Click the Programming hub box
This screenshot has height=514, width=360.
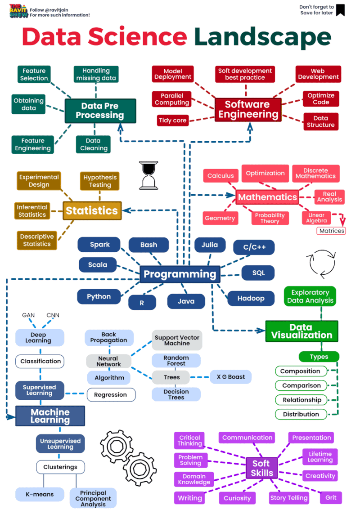point(180,274)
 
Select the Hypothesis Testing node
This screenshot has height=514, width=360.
point(100,181)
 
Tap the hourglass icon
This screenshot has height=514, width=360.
point(148,175)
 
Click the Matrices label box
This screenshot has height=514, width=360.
point(331,231)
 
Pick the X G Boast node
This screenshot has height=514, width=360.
point(230,377)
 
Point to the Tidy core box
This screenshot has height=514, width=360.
point(173,121)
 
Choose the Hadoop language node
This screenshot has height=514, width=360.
point(251,298)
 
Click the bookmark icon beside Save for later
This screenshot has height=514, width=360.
point(340,10)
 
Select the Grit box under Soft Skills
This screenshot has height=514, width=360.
point(331,497)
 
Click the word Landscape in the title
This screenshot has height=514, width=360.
point(263,36)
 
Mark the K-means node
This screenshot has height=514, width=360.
point(40,494)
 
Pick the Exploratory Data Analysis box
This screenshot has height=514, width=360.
point(310,296)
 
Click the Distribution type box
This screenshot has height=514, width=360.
point(301,414)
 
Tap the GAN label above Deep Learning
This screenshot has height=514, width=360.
point(28,315)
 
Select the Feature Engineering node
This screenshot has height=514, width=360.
point(33,144)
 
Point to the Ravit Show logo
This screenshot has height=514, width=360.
point(18,11)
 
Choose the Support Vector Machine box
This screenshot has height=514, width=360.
point(177,340)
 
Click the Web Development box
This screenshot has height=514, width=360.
point(318,74)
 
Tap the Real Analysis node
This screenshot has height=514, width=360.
point(329,197)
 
